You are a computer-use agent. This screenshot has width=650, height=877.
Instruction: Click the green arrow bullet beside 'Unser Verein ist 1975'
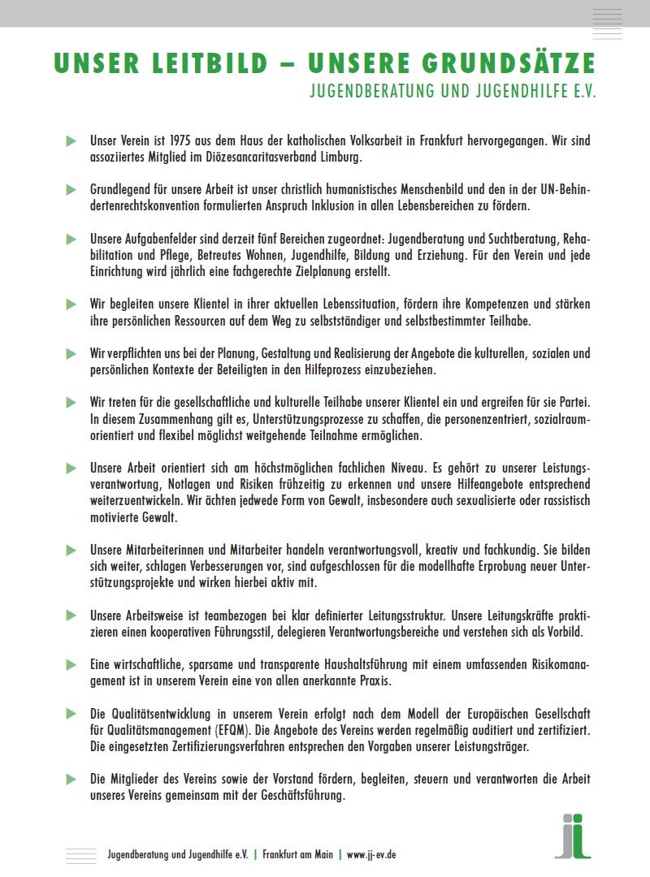pos(71,141)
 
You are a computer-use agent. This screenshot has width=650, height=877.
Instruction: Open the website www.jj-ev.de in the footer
pos(371,855)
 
